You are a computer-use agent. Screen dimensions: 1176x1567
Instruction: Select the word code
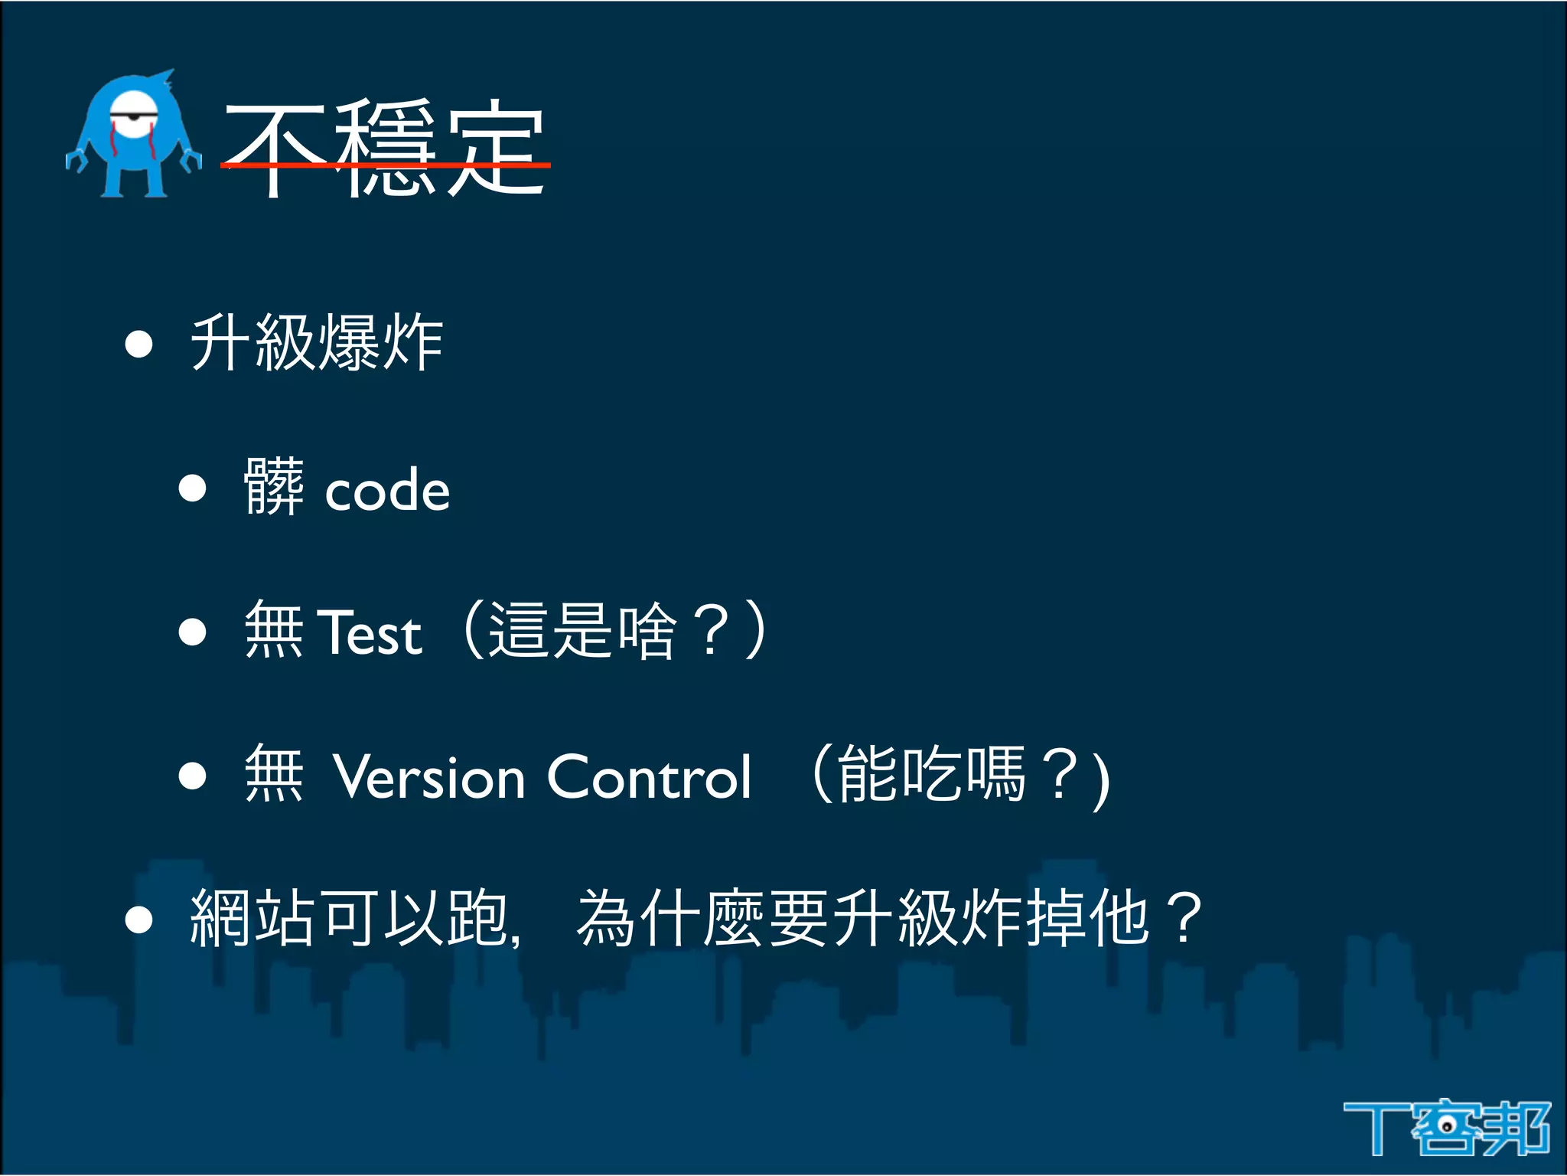click(387, 491)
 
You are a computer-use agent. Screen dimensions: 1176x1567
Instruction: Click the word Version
click(429, 777)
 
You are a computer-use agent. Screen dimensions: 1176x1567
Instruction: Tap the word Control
click(650, 777)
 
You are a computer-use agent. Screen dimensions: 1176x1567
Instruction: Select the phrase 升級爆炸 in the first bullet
click(317, 343)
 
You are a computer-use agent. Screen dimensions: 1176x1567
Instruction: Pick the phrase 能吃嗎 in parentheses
click(930, 775)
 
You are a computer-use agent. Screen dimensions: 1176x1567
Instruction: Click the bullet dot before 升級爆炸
click(139, 344)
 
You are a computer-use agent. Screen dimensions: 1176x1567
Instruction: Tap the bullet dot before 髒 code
click(193, 488)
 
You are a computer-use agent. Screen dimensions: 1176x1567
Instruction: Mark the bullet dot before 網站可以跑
click(139, 919)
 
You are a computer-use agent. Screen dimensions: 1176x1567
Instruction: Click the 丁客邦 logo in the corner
click(1446, 1127)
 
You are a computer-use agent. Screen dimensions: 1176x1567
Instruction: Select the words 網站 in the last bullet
click(252, 918)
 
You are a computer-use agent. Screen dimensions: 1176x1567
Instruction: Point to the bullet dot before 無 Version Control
click(193, 776)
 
